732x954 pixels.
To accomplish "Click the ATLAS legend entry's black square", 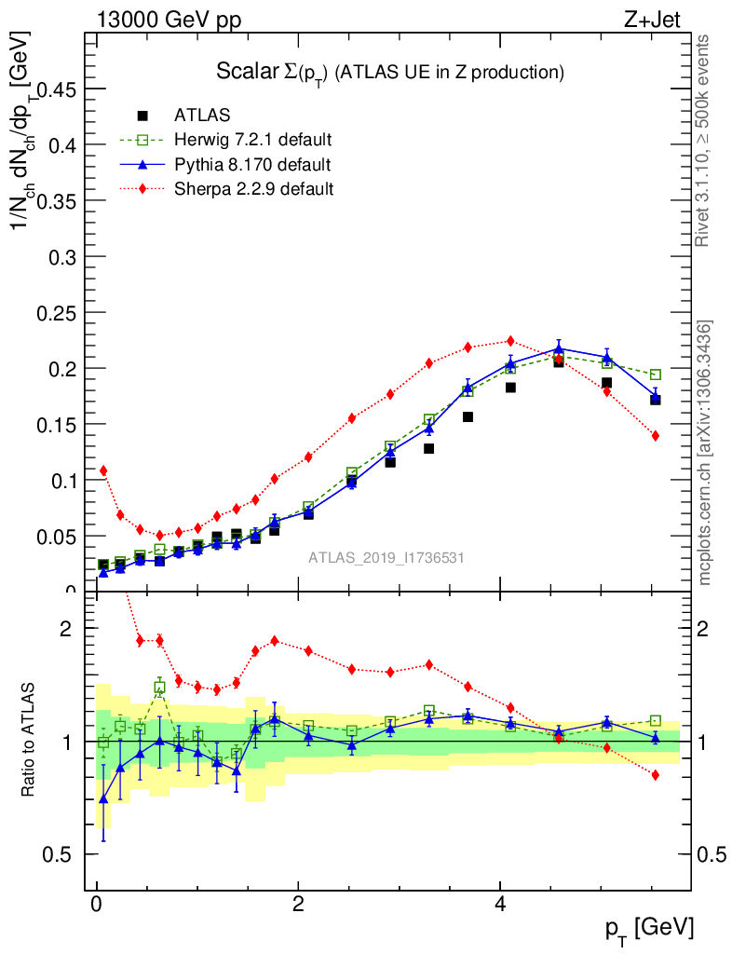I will (x=142, y=116).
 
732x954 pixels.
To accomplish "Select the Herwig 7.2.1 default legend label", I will (x=253, y=140).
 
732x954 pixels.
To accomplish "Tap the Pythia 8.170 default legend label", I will (x=252, y=165).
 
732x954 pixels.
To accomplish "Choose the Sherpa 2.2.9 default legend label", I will (x=254, y=189).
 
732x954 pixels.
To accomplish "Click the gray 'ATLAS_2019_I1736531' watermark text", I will (x=386, y=557).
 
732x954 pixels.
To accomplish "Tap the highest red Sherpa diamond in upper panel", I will (x=510, y=341).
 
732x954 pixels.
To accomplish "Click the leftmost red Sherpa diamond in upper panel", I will (x=103, y=470).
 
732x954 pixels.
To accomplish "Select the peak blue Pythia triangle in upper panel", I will (x=559, y=349).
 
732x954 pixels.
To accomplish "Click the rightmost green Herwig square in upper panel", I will (x=656, y=375).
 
